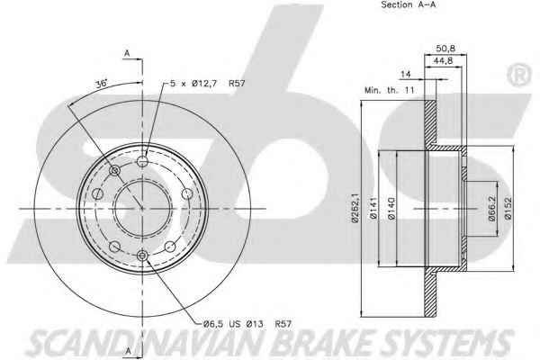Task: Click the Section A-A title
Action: (408, 4)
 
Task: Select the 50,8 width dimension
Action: (445, 49)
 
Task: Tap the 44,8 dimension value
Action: (443, 61)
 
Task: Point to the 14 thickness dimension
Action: (406, 74)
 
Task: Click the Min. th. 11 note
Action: (390, 91)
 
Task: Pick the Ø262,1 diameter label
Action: (355, 208)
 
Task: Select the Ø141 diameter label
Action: (373, 208)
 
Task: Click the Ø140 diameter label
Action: (391, 209)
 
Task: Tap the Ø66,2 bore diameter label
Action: (491, 209)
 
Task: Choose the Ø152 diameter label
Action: (508, 209)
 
